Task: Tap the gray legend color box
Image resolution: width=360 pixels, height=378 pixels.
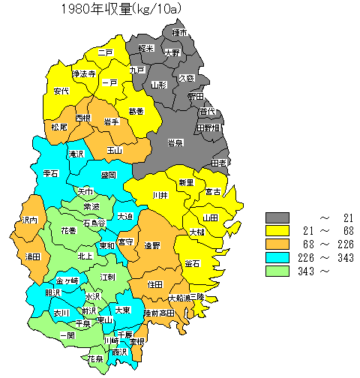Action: (x=278, y=217)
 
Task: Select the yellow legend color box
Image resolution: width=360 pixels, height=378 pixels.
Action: (x=278, y=229)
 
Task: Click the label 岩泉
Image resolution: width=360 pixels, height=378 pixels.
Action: (x=175, y=142)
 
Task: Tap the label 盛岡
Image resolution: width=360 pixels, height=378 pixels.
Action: (x=108, y=175)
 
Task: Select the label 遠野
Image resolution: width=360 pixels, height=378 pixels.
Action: (x=152, y=245)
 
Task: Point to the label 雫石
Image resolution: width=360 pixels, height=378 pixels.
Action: (x=51, y=173)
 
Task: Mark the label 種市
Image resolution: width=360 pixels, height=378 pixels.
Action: (x=178, y=34)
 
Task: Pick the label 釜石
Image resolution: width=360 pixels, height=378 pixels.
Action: (x=191, y=263)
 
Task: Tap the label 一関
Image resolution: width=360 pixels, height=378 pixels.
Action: (x=67, y=335)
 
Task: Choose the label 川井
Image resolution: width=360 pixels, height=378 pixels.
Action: (x=160, y=196)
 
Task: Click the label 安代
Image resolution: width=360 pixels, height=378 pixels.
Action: (x=61, y=91)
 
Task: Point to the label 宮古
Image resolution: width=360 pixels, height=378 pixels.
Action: (x=213, y=192)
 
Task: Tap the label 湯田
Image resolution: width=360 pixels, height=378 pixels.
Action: (x=33, y=256)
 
